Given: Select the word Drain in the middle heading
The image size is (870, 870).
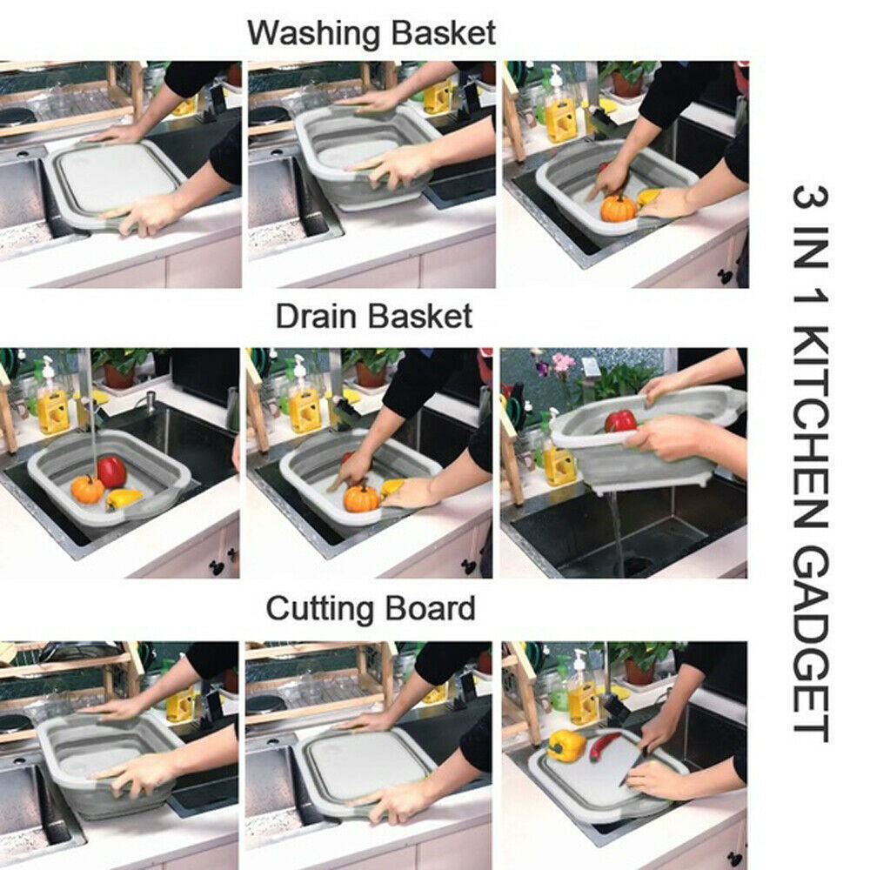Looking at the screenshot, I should (318, 317).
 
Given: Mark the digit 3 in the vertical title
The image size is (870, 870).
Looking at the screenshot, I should (810, 197).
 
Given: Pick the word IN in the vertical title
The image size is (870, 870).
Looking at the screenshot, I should (810, 253).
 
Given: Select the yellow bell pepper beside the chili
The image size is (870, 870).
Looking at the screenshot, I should (565, 745).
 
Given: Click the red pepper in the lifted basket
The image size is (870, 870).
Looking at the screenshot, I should (620, 421).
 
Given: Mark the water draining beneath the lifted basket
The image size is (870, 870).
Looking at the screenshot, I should (615, 531).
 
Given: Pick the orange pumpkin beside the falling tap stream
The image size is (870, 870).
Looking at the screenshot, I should (87, 489).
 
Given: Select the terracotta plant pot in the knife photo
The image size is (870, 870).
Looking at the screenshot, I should (639, 671).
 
